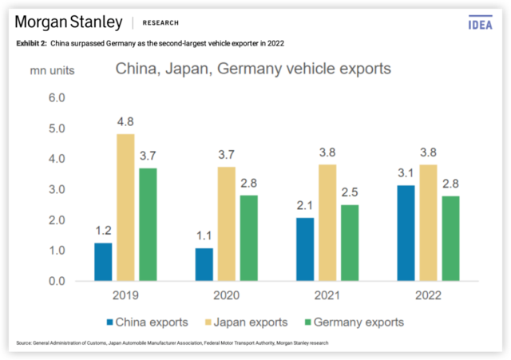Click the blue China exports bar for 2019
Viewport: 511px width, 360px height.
coord(103,262)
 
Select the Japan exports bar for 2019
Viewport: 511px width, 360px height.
coord(125,208)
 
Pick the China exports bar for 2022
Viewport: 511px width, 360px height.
coord(406,233)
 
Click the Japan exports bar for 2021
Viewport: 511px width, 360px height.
coord(327,223)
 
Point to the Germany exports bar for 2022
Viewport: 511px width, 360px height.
coord(451,238)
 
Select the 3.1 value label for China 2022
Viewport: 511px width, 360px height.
coord(406,175)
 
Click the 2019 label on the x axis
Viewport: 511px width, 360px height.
coord(125,296)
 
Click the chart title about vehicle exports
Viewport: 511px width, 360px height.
coord(253,69)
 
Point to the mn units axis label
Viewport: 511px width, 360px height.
coord(53,69)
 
